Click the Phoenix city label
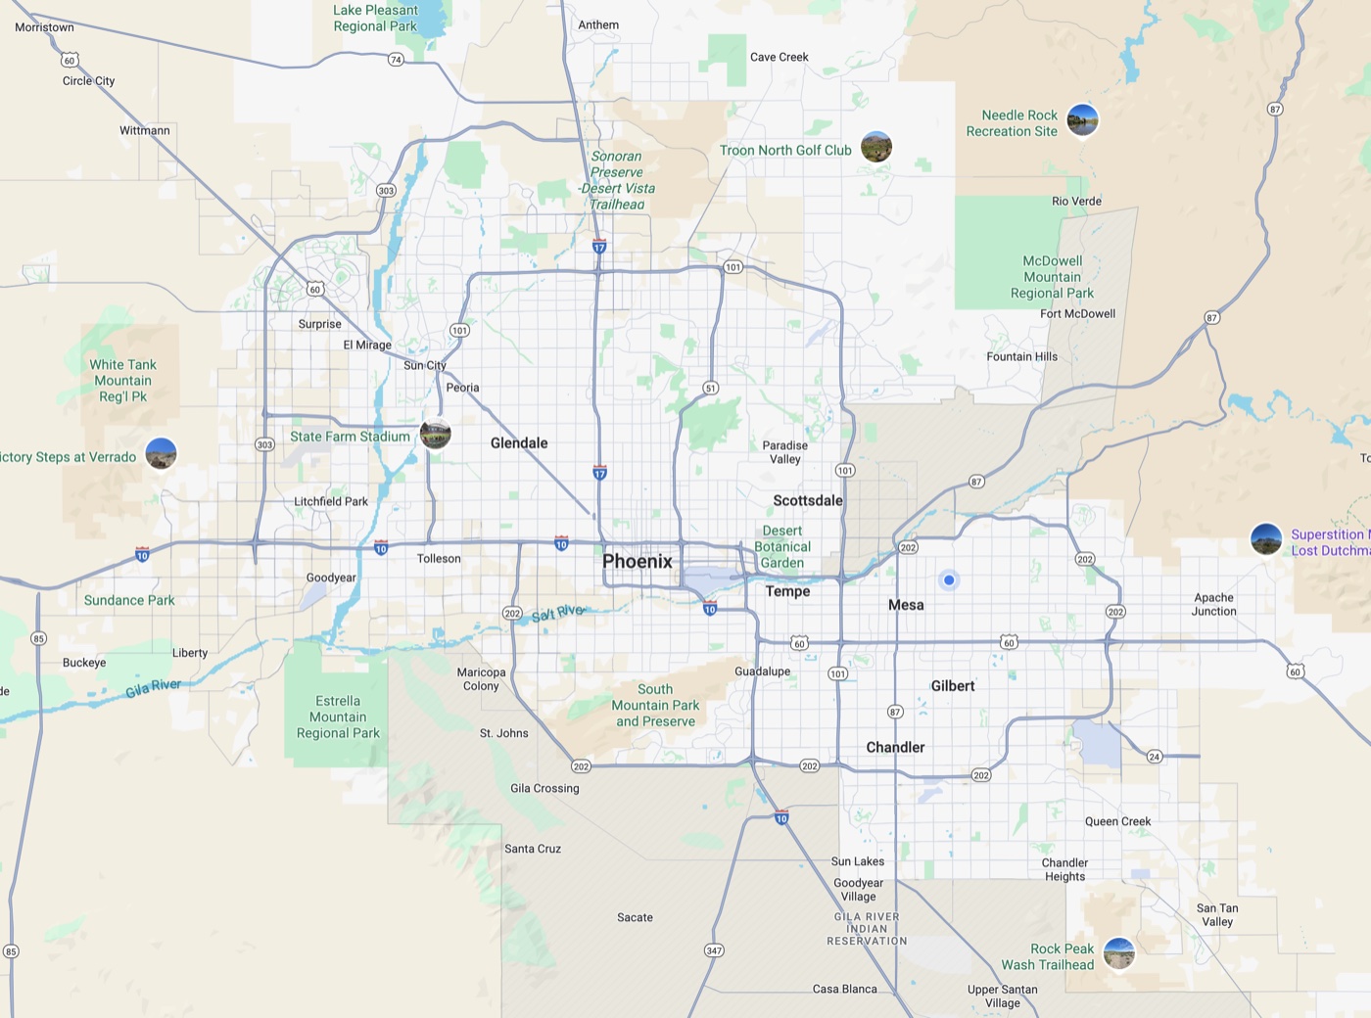point(638,561)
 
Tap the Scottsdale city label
point(808,500)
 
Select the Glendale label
point(519,443)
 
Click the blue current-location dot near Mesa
point(949,580)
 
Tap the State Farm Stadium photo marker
point(436,434)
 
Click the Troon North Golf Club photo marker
point(876,147)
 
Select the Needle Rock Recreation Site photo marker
point(1082,120)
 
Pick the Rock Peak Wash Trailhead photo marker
point(1118,952)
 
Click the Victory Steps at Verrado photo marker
point(161,453)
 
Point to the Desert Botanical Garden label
point(782,547)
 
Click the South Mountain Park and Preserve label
point(655,706)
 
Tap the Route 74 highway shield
point(396,60)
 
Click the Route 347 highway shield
point(714,950)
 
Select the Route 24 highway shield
point(1155,757)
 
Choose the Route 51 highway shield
point(711,389)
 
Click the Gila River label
point(153,688)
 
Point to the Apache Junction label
point(1214,605)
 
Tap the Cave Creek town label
point(780,57)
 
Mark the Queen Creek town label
point(1117,822)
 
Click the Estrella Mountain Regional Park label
point(338,717)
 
